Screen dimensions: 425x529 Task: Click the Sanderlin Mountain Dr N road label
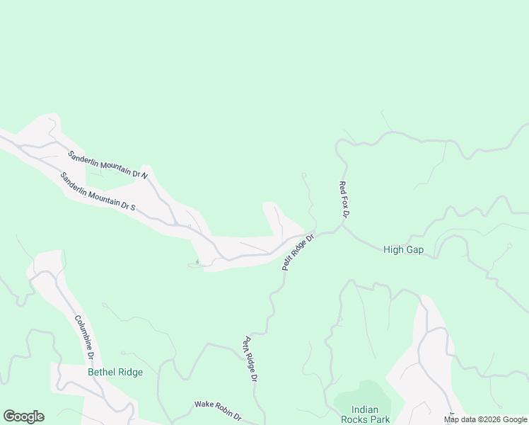107,165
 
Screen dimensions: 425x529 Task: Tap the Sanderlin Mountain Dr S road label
98,192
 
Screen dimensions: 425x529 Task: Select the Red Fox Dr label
344,199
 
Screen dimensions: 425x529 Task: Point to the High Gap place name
403,249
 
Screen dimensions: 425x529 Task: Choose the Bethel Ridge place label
115,372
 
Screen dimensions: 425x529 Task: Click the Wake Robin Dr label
218,409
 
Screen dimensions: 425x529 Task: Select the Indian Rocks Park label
366,414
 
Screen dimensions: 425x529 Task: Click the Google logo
23,416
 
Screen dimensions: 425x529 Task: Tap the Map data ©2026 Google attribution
486,419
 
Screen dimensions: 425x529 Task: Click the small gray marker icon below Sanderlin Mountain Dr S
197,262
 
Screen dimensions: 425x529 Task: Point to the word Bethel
101,372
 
